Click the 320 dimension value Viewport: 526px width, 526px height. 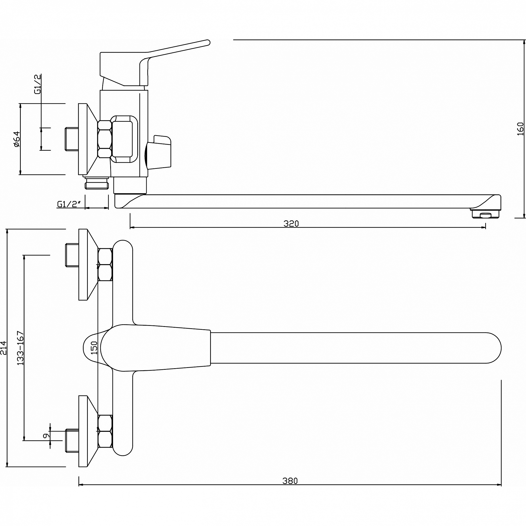coord(291,224)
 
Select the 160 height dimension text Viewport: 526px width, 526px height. coord(520,129)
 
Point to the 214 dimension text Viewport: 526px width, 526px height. coord(3,348)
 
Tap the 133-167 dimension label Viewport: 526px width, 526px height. coord(21,348)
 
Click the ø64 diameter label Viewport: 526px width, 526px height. coord(17,139)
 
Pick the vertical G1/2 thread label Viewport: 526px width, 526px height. coord(38,84)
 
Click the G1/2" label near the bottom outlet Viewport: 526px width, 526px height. coord(69,204)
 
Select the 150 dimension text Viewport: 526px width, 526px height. coord(94,348)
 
